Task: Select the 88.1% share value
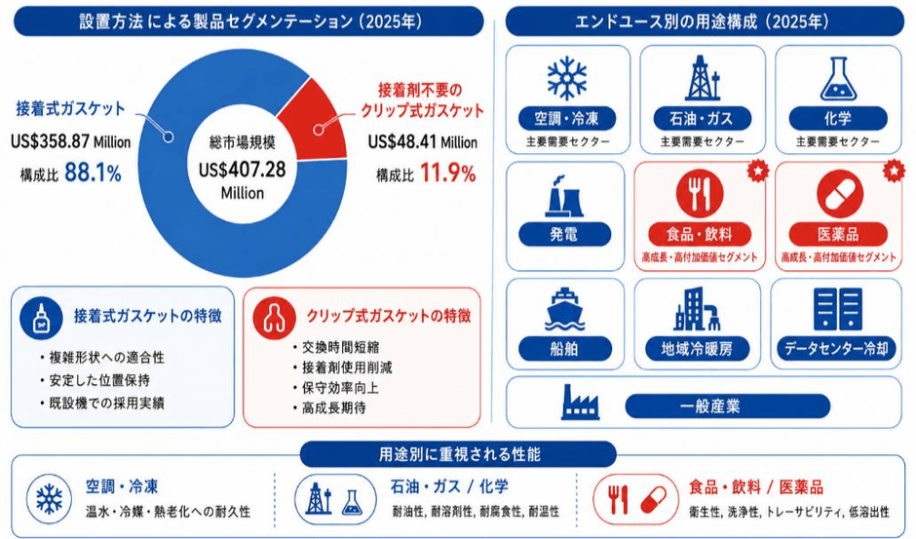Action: pyautogui.click(x=93, y=173)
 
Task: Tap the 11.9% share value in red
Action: pyautogui.click(x=448, y=173)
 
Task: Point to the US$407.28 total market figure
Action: pyautogui.click(x=243, y=170)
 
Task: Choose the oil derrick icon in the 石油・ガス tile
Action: pyautogui.click(x=702, y=78)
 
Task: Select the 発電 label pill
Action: pyautogui.click(x=564, y=235)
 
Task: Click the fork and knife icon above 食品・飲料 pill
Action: pyautogui.click(x=700, y=192)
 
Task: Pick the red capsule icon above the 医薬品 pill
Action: pyautogui.click(x=840, y=193)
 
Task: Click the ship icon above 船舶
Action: pyautogui.click(x=564, y=309)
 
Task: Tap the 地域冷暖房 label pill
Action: pyautogui.click(x=697, y=349)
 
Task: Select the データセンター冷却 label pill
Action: pyautogui.click(x=836, y=349)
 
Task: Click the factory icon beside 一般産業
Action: pyautogui.click(x=580, y=403)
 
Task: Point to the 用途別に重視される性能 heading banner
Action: pyautogui.click(x=459, y=454)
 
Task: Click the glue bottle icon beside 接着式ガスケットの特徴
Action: pyautogui.click(x=42, y=318)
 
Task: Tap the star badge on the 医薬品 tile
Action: pyautogui.click(x=894, y=171)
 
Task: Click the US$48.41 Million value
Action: pyautogui.click(x=422, y=141)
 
